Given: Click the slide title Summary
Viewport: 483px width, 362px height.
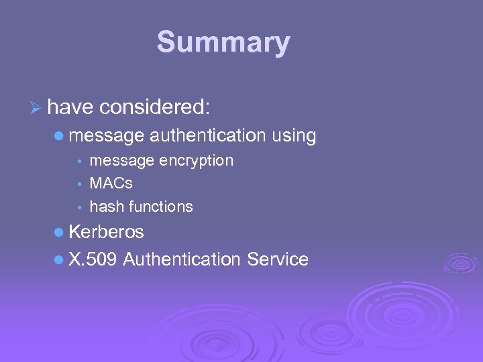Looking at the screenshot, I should tap(223, 43).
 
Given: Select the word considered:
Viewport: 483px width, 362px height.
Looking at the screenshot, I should tap(156, 106).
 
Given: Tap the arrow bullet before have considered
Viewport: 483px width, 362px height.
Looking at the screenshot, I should tap(37, 106).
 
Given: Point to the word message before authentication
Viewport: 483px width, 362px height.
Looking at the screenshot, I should tap(106, 136).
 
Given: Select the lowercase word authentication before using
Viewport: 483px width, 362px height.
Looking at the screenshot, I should tap(208, 136).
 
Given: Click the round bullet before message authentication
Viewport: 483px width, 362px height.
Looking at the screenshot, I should tap(59, 136).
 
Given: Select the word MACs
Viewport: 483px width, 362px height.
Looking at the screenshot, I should tap(111, 184).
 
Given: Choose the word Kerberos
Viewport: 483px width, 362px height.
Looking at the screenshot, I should tap(106, 232).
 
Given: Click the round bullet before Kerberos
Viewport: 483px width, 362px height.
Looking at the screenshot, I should tap(59, 233).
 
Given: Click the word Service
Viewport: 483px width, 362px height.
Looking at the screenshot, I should tap(278, 259).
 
